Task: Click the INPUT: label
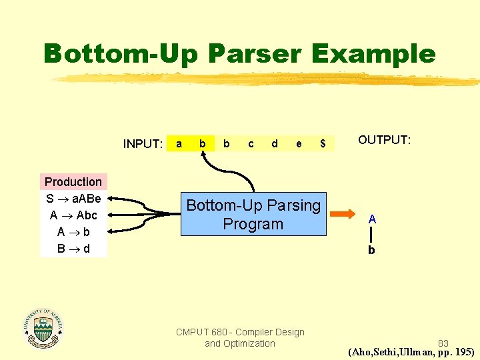click(x=143, y=144)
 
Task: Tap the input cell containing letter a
click(x=178, y=143)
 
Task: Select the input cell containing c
click(x=251, y=143)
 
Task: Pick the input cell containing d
click(x=275, y=143)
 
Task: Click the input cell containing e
click(x=299, y=143)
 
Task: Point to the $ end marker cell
click(x=323, y=143)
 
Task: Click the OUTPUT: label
click(x=384, y=140)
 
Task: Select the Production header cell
click(x=73, y=182)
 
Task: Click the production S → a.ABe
click(x=73, y=199)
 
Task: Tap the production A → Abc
click(x=73, y=215)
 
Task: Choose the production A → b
click(x=73, y=232)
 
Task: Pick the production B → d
click(x=73, y=249)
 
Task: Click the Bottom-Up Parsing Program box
click(x=253, y=215)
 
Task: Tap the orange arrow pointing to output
click(x=344, y=215)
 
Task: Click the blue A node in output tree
click(x=372, y=219)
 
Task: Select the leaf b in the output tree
click(x=371, y=251)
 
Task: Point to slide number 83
click(x=443, y=343)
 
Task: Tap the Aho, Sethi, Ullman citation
click(x=411, y=352)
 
